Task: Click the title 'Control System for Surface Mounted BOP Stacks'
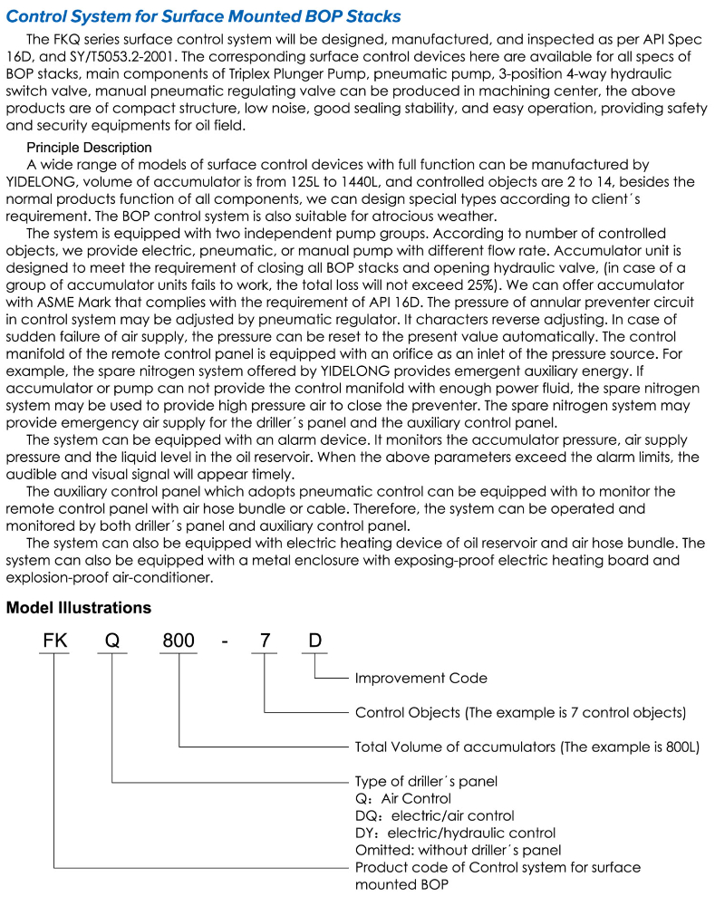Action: pos(203,16)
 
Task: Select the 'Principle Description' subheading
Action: pos(89,147)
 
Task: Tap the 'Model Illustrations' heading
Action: pos(79,607)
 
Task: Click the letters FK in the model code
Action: pos(55,641)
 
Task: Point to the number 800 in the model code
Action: pos(179,641)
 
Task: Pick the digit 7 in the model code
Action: pos(265,641)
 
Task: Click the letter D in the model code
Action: pos(314,641)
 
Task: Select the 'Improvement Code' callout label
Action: pos(420,678)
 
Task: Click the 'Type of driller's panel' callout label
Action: pos(426,781)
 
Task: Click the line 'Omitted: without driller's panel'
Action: pos(458,850)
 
